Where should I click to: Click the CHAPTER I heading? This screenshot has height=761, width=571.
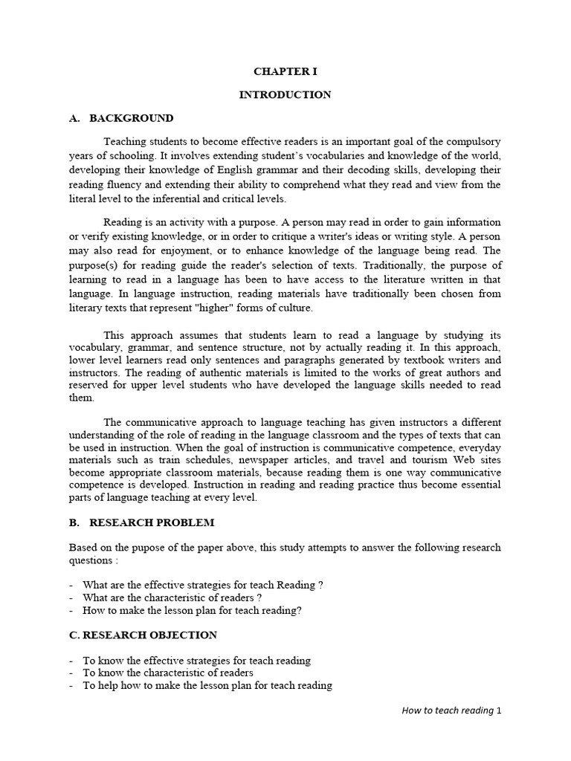[285, 71]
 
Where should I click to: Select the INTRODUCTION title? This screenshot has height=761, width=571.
[285, 95]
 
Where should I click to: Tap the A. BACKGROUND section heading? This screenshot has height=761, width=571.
[121, 118]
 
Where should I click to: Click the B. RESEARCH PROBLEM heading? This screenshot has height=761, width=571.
[141, 523]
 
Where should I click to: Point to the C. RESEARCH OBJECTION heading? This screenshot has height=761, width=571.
[143, 635]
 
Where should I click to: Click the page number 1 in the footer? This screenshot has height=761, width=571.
[500, 710]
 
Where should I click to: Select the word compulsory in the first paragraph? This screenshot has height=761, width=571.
[472, 141]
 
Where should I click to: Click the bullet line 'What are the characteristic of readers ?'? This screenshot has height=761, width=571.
[172, 598]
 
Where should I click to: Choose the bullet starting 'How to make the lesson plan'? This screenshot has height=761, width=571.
[192, 611]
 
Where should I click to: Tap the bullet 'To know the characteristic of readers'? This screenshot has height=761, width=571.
[168, 673]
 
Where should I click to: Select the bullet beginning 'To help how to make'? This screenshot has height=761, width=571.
[207, 686]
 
